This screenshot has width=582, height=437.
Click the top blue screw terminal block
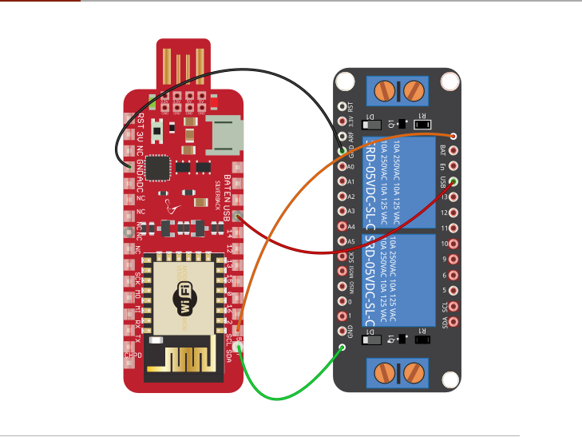tap(398, 89)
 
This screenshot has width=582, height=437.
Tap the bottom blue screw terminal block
tap(398, 372)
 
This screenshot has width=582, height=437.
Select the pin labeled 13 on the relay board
tap(454, 198)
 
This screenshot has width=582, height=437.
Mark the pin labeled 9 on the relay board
tap(454, 260)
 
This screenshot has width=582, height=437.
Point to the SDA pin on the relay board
tap(454, 322)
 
